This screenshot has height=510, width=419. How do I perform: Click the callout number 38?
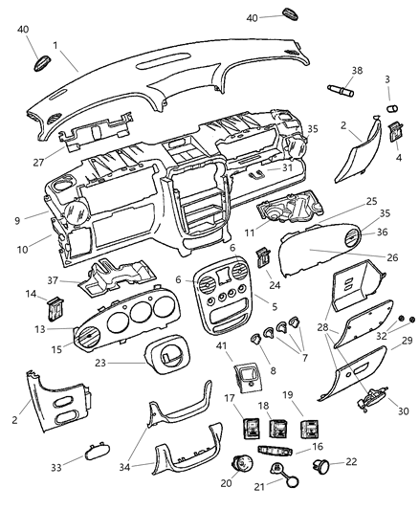[358, 71]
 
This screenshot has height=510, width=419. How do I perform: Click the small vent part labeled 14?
[55, 308]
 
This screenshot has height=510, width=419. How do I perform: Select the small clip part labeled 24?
[259, 255]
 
